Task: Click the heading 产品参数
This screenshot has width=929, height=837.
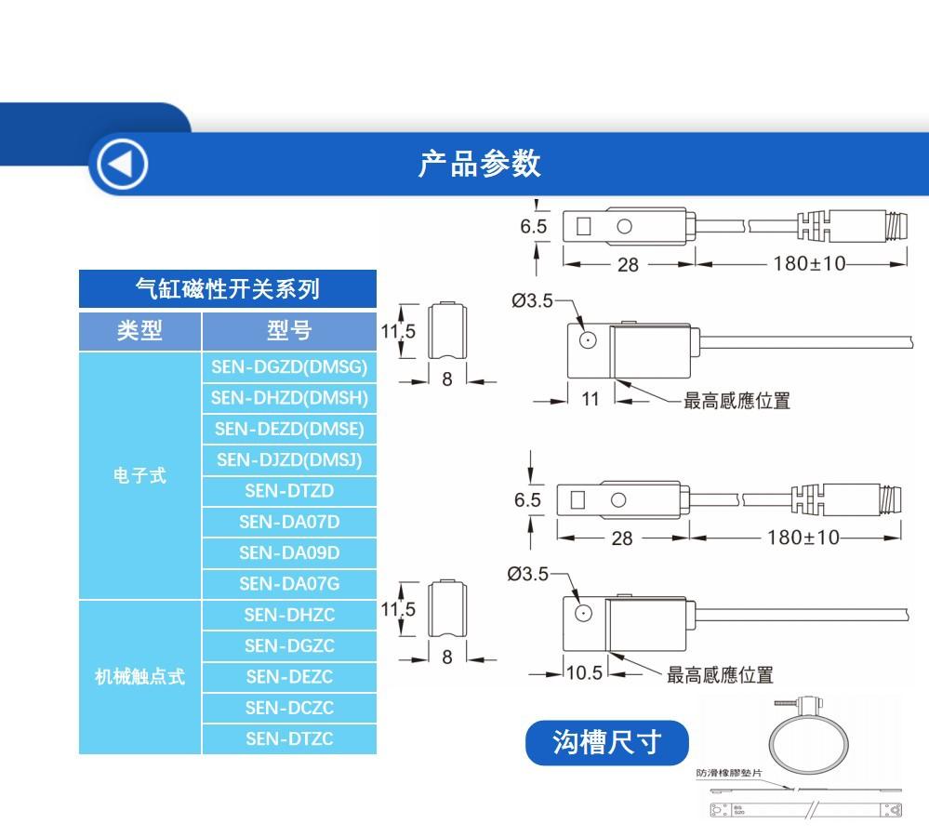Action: [x=479, y=164]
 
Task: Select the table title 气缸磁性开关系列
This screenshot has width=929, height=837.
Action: [x=227, y=289]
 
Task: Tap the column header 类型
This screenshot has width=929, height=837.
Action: [x=139, y=331]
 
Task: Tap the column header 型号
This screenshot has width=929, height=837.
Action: [x=289, y=331]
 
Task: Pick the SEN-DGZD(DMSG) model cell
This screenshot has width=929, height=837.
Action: [x=289, y=367]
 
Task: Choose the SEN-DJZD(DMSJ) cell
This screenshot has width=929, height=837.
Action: [x=289, y=459]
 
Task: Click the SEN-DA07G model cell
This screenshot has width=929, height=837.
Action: [x=289, y=584]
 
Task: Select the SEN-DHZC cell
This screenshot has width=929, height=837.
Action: [x=289, y=615]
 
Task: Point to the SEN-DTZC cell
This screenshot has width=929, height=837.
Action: [x=289, y=739]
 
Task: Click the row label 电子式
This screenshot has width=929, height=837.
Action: [x=139, y=475]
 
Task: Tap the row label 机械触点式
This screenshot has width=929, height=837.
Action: [x=139, y=677]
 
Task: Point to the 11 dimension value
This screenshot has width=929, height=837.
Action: [x=591, y=400]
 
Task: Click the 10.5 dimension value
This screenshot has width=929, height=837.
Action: [x=585, y=672]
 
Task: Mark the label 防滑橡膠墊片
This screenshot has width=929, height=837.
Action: [x=729, y=773]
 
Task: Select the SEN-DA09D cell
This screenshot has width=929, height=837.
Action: [x=289, y=552]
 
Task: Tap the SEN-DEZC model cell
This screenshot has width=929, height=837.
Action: [x=289, y=677]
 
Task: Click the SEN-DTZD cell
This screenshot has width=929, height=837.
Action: [x=289, y=491]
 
